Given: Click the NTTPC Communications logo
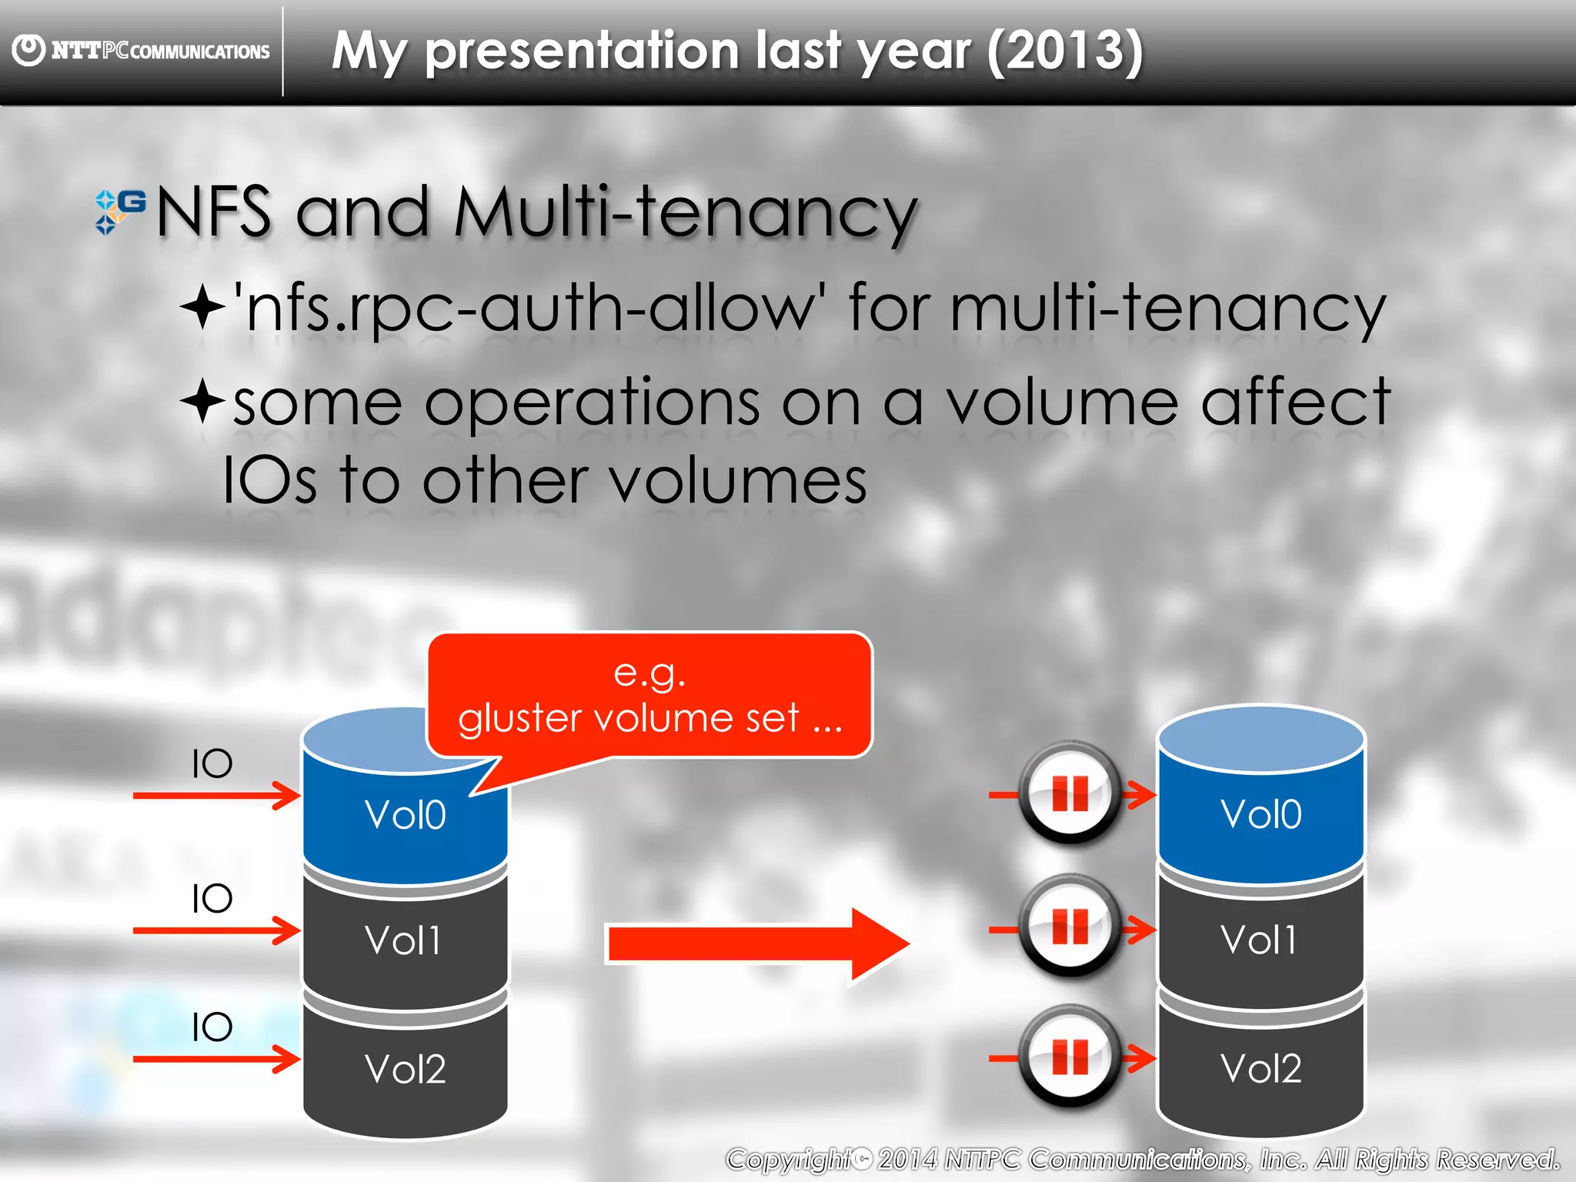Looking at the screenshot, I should pos(142,51).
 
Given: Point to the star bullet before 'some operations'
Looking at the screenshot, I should pos(202,400).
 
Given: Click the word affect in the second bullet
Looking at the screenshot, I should pos(1295,402).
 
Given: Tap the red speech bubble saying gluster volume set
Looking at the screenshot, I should pos(649,695).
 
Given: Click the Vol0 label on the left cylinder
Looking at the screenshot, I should pos(405,815).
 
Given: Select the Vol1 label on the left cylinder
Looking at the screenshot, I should pos(403,940).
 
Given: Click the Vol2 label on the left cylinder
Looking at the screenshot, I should pos(405,1069).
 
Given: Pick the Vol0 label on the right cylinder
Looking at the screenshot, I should pos(1260,814).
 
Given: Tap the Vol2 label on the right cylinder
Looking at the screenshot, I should pos(1260,1068).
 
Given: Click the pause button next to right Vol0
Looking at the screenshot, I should pos(1070,793).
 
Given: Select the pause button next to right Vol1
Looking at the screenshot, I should pos(1070,926).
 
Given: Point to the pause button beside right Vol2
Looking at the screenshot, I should pos(1070,1057).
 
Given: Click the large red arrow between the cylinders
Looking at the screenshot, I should pos(758,944).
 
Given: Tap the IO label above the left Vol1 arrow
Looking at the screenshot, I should pos(212,898).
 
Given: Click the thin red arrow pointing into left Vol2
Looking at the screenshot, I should pos(215,1060).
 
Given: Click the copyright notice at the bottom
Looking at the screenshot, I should pos(1142,1159).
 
